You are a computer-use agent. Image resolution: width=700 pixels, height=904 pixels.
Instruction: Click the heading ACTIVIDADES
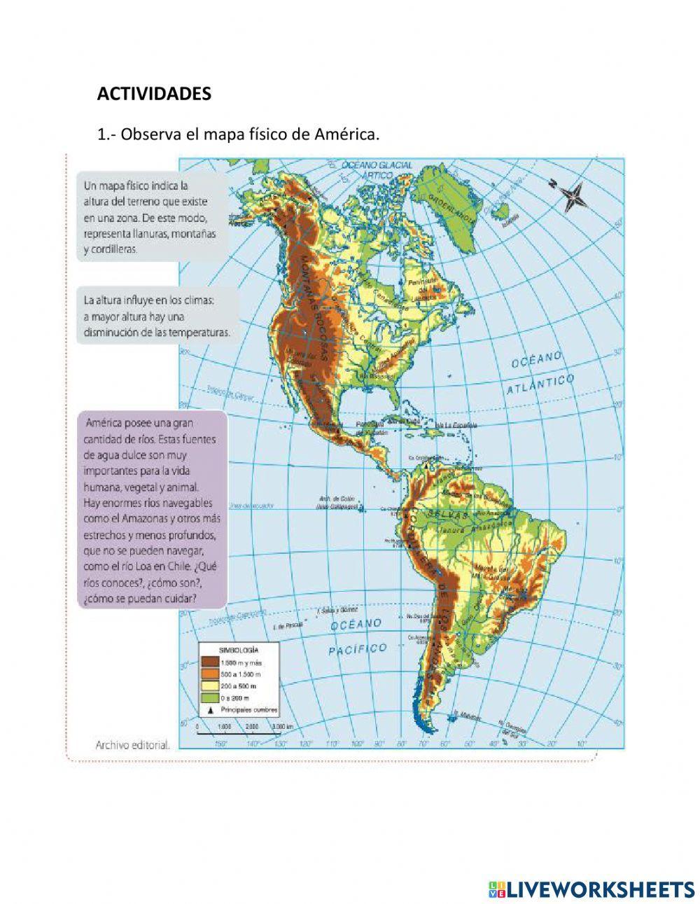tap(154, 95)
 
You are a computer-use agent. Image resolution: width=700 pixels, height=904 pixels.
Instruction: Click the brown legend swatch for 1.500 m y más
tap(210, 660)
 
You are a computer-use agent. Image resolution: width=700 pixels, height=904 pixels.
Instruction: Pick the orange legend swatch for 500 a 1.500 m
tap(210, 673)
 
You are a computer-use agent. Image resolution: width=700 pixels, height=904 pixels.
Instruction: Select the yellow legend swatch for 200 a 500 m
tap(210, 686)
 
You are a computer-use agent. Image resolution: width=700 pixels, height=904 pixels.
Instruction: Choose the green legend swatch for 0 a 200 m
tap(210, 697)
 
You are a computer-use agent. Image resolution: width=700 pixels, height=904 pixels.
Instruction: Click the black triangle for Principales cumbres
tap(210, 710)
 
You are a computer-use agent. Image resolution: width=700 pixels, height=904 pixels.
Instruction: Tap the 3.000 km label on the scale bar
tap(283, 727)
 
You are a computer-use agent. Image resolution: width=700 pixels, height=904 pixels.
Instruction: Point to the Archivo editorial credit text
tap(132, 746)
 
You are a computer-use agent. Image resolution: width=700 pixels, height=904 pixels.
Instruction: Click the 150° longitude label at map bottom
tap(221, 744)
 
